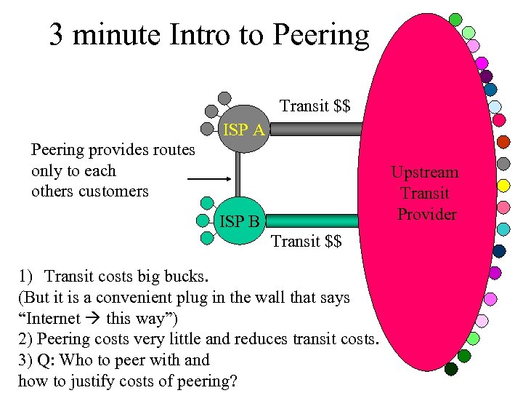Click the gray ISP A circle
coord(243,130)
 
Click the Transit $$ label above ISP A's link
coord(315,106)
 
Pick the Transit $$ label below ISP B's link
coord(306,241)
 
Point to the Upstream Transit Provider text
coord(425,193)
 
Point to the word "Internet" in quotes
coord(62,318)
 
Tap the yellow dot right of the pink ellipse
coord(502,186)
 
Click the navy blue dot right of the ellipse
coord(499,250)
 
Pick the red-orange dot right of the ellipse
coord(501,141)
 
